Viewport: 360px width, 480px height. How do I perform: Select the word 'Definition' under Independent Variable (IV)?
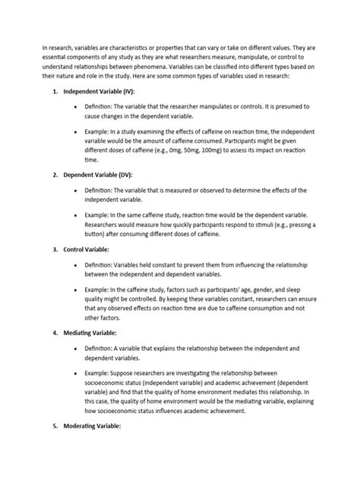click(102, 109)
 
